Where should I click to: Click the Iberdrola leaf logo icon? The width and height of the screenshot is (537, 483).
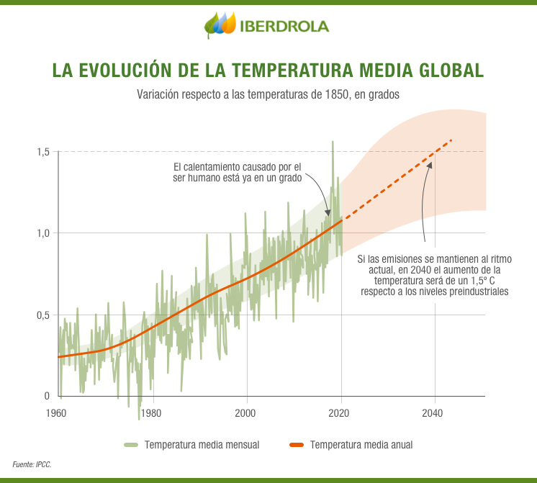[220, 25]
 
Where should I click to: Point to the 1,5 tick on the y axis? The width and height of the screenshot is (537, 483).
[43, 152]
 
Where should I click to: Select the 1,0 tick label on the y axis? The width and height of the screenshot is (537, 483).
[43, 233]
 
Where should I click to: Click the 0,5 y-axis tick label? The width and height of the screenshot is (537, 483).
[43, 315]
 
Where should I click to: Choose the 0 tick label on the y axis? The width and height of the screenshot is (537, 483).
[47, 396]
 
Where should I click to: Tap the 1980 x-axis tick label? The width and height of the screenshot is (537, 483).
[150, 413]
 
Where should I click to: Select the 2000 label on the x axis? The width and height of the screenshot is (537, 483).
[245, 413]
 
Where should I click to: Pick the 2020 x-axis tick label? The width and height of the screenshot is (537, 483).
[340, 413]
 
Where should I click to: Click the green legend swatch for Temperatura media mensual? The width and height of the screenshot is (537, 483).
[130, 445]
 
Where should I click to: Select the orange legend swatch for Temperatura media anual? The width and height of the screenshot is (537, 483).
[296, 445]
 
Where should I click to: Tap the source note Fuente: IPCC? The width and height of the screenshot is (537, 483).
[32, 464]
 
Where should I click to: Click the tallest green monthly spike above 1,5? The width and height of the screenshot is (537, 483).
[333, 143]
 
